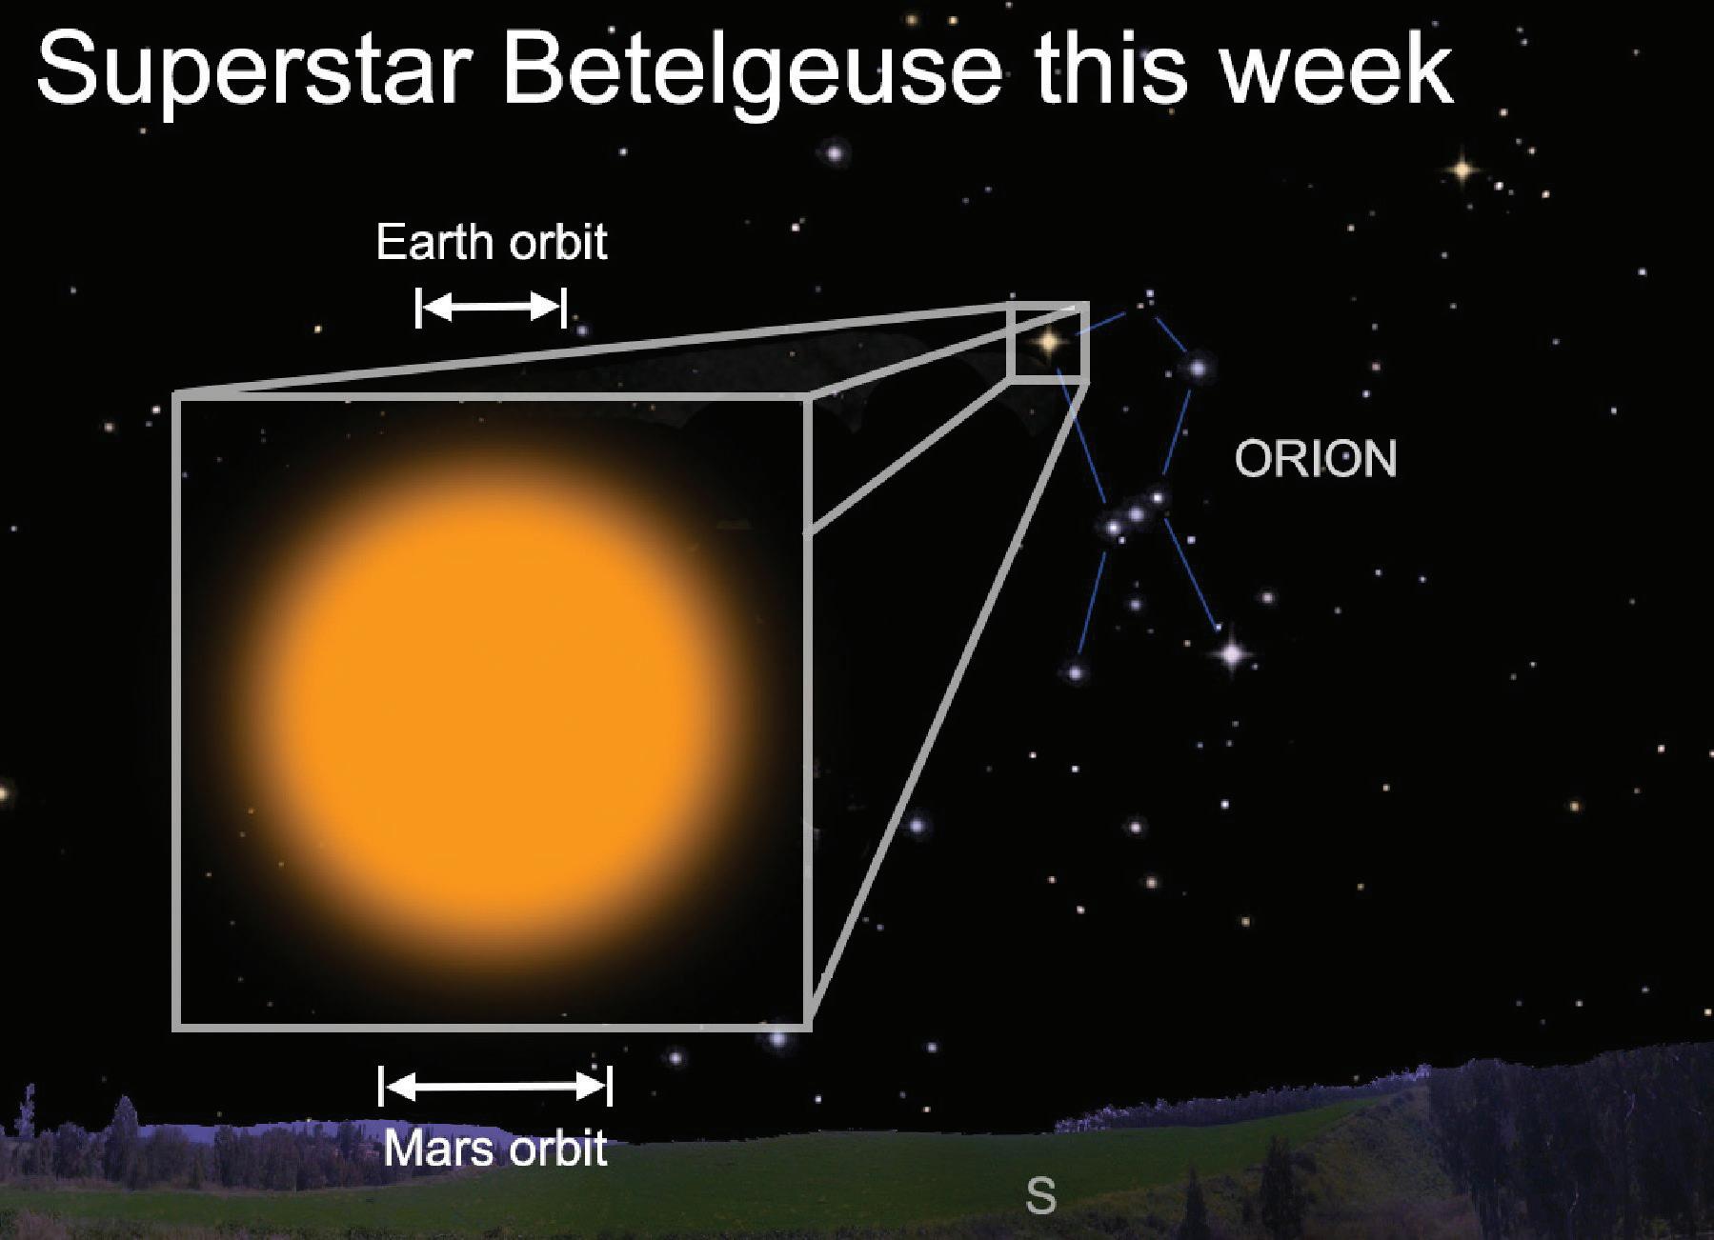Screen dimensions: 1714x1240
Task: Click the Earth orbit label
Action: point(492,242)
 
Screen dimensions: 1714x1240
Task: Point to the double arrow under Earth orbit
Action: point(491,308)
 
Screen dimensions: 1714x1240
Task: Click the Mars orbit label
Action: point(495,1149)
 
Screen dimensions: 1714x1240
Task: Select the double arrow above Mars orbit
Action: point(495,1086)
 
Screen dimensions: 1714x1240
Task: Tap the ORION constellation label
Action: point(1316,459)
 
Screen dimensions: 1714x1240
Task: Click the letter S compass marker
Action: point(1041,1195)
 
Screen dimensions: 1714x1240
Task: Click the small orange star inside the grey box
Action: point(1048,340)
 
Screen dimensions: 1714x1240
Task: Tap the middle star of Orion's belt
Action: point(1136,514)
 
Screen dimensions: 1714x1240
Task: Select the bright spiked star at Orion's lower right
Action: point(1232,654)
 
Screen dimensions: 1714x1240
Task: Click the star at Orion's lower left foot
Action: point(1076,672)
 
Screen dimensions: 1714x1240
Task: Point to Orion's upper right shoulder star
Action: point(1198,367)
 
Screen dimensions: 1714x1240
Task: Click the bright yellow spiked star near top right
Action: point(1462,170)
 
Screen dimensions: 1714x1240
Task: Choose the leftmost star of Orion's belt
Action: point(1112,526)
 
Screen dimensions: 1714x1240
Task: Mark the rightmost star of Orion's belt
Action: point(1158,497)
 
